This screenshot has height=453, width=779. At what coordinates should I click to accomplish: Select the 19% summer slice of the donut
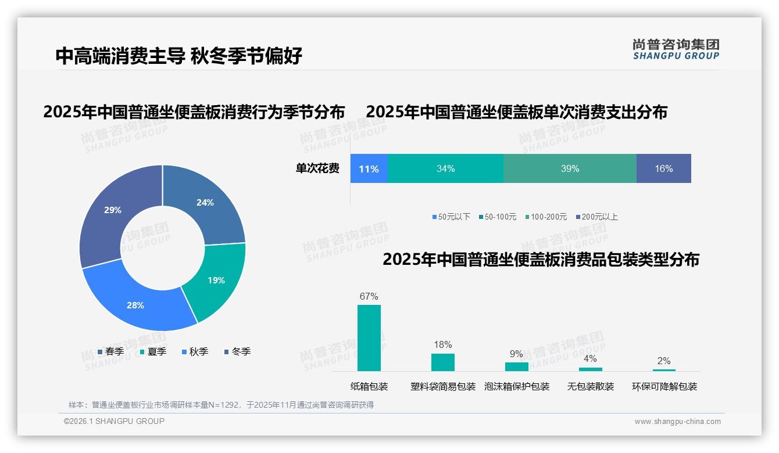[216, 281]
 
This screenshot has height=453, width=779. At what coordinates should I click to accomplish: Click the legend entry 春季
[110, 352]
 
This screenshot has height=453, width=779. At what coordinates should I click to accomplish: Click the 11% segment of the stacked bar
[369, 169]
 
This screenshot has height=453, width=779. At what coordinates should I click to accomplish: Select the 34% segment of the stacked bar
[445, 169]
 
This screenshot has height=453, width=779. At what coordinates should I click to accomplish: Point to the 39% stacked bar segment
[570, 169]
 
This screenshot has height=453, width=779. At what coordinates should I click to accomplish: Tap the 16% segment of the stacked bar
[663, 169]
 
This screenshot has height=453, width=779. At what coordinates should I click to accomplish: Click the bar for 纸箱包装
[369, 338]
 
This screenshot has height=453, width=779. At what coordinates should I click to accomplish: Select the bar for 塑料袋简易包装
[443, 362]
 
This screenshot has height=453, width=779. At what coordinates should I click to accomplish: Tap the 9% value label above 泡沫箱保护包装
[516, 354]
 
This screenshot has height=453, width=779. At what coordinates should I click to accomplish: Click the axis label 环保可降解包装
[664, 387]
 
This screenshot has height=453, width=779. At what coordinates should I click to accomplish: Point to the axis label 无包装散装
[591, 387]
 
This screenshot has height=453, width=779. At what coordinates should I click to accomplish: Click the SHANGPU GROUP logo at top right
[676, 49]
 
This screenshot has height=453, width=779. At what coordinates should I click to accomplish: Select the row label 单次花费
[317, 169]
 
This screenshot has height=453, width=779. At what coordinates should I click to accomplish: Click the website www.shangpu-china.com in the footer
[677, 422]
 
